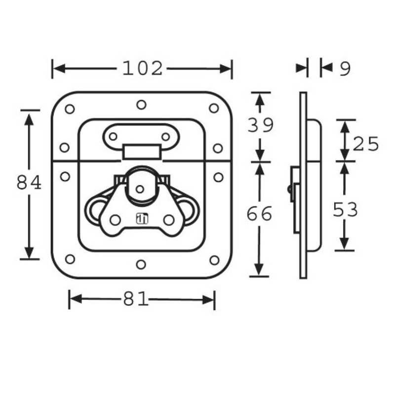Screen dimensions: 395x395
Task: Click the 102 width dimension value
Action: (x=142, y=69)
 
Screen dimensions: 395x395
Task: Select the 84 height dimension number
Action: (x=29, y=183)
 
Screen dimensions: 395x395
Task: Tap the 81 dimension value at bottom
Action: (x=136, y=299)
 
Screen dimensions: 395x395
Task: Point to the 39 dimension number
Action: (x=260, y=125)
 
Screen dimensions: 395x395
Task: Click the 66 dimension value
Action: (x=260, y=214)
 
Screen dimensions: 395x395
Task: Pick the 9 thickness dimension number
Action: (x=345, y=69)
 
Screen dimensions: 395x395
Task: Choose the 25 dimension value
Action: (x=366, y=144)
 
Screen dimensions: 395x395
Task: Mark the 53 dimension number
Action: (x=345, y=210)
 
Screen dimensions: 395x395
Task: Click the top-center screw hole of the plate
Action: (x=141, y=105)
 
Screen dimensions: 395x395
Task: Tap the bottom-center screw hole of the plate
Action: (x=141, y=265)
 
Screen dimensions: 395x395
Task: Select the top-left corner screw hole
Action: (x=70, y=109)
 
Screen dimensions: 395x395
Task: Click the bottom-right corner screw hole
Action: (x=214, y=260)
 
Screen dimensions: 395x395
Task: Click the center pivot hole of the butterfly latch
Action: (x=140, y=189)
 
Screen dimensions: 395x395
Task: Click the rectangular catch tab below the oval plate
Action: (x=142, y=152)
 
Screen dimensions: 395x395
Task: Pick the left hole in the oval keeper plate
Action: (x=113, y=136)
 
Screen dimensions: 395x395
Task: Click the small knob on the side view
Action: (x=288, y=189)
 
